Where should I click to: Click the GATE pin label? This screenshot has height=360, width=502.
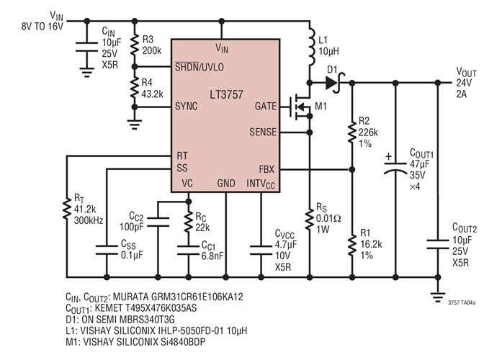pyautogui.click(x=266, y=106)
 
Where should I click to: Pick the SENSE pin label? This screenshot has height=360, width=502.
pyautogui.click(x=263, y=132)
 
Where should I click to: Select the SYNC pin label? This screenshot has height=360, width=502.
pyautogui.click(x=187, y=106)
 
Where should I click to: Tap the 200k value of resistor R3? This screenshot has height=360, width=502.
pyautogui.click(x=151, y=52)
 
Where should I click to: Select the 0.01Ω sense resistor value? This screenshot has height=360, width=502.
pyautogui.click(x=331, y=219)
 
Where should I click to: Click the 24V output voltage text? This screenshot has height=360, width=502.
pyautogui.click(x=464, y=83)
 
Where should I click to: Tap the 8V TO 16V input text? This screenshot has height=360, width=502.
pyautogui.click(x=42, y=26)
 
